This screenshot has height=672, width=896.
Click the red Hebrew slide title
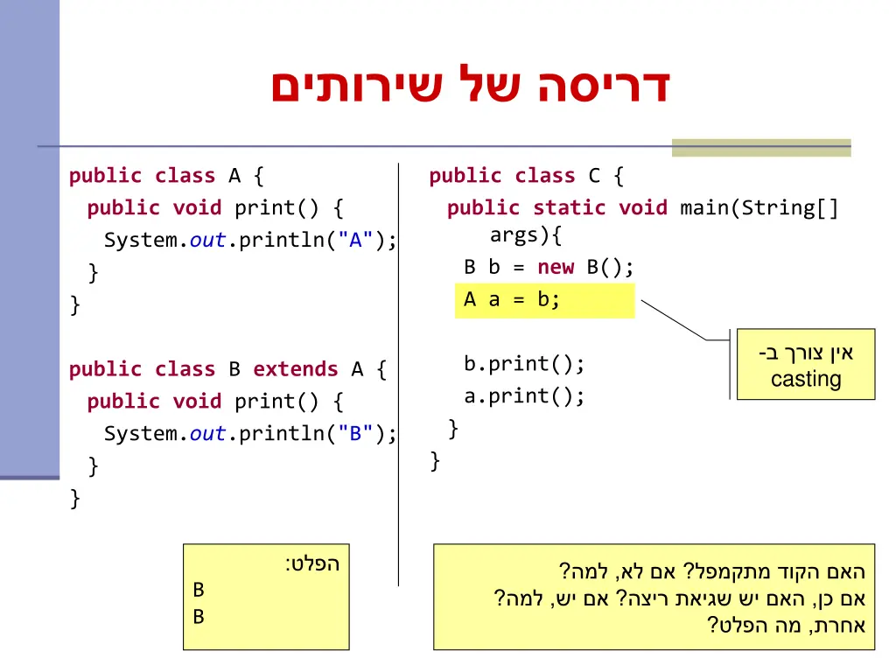pyautogui.click(x=470, y=86)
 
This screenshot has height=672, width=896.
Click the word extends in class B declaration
pyautogui.click(x=295, y=369)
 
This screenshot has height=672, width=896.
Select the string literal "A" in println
pyautogui.click(x=355, y=241)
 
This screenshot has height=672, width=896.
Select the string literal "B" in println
pyautogui.click(x=355, y=434)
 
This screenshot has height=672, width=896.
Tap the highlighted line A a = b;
pyautogui.click(x=512, y=300)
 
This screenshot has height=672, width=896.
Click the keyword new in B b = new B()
pyautogui.click(x=556, y=268)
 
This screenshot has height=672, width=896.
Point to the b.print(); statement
pyautogui.click(x=524, y=364)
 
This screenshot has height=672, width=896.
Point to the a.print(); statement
pyautogui.click(x=524, y=396)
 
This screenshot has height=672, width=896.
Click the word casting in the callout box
pyautogui.click(x=806, y=380)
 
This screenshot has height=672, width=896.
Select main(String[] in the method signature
pyautogui.click(x=759, y=208)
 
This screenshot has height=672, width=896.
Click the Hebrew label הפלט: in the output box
pyautogui.click(x=311, y=564)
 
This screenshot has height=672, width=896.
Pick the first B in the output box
pyautogui.click(x=199, y=591)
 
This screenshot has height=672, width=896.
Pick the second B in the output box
pyautogui.click(x=199, y=618)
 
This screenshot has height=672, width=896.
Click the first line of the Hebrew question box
pyautogui.click(x=712, y=572)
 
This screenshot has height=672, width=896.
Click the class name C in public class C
pyautogui.click(x=594, y=176)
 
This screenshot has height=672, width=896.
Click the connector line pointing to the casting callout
pyautogui.click(x=674, y=319)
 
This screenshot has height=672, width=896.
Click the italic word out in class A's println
pyautogui.click(x=207, y=241)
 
